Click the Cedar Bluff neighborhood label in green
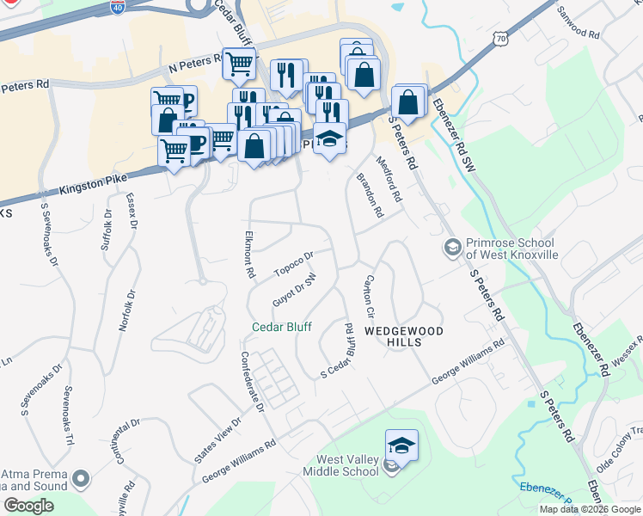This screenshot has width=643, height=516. pyautogui.click(x=281, y=327)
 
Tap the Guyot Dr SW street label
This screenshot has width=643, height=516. pyautogui.click(x=294, y=291)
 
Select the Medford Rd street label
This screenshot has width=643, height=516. pyautogui.click(x=389, y=177)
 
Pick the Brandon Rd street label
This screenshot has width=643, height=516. pyautogui.click(x=370, y=195)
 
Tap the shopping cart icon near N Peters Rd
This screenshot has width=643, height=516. pyautogui.click(x=238, y=62)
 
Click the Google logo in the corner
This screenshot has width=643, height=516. pyautogui.click(x=28, y=506)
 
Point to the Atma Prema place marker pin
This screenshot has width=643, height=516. pyautogui.click(x=82, y=477)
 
